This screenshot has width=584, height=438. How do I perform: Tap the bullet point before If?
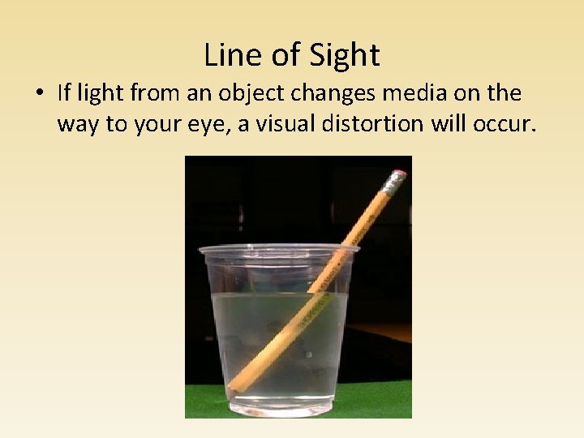(x=39, y=93)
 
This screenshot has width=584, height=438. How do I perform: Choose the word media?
(x=411, y=92)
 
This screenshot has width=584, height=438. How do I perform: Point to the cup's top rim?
(x=279, y=248)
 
